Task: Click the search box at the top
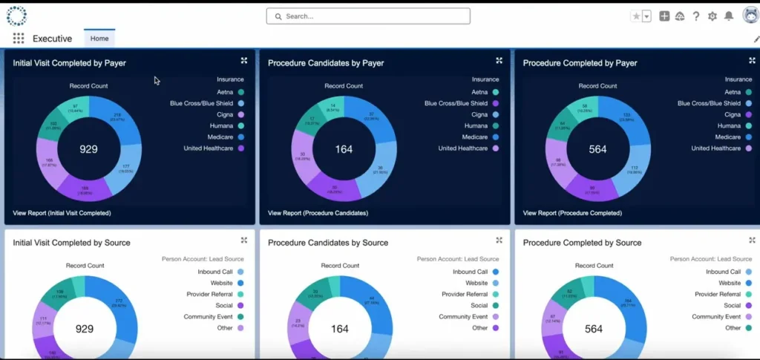tap(368, 16)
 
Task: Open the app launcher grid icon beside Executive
tap(18, 39)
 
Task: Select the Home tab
tap(99, 39)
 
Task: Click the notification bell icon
tap(729, 16)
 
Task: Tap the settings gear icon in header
tap(712, 16)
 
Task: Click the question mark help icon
tap(696, 16)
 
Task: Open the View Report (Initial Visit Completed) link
tap(62, 213)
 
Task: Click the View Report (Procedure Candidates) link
tap(318, 213)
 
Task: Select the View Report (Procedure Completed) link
tap(572, 213)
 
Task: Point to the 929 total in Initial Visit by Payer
tap(88, 149)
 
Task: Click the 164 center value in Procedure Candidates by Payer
tap(344, 149)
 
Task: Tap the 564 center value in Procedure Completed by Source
tap(594, 329)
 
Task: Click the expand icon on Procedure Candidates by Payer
tap(499, 61)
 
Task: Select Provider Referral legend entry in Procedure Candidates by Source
tap(466, 294)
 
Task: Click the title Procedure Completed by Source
tap(582, 243)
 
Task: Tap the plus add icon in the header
tap(664, 16)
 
